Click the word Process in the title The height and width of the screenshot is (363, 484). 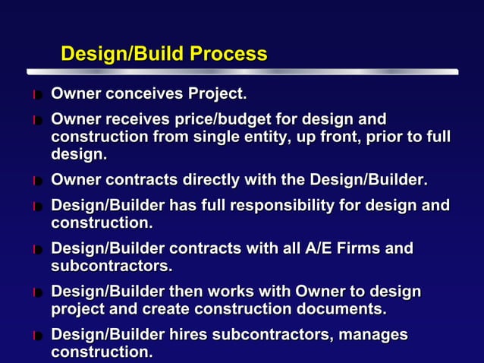click(228, 55)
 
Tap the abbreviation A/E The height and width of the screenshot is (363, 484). click(325, 248)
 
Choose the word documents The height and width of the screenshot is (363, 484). click(344, 309)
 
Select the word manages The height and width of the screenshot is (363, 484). click(372, 335)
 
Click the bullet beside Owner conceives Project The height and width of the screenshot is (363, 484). click(37, 96)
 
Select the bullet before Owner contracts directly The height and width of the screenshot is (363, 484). click(37, 181)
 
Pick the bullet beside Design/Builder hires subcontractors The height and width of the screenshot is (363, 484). click(37, 336)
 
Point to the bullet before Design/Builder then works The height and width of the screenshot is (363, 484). click(37, 292)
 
